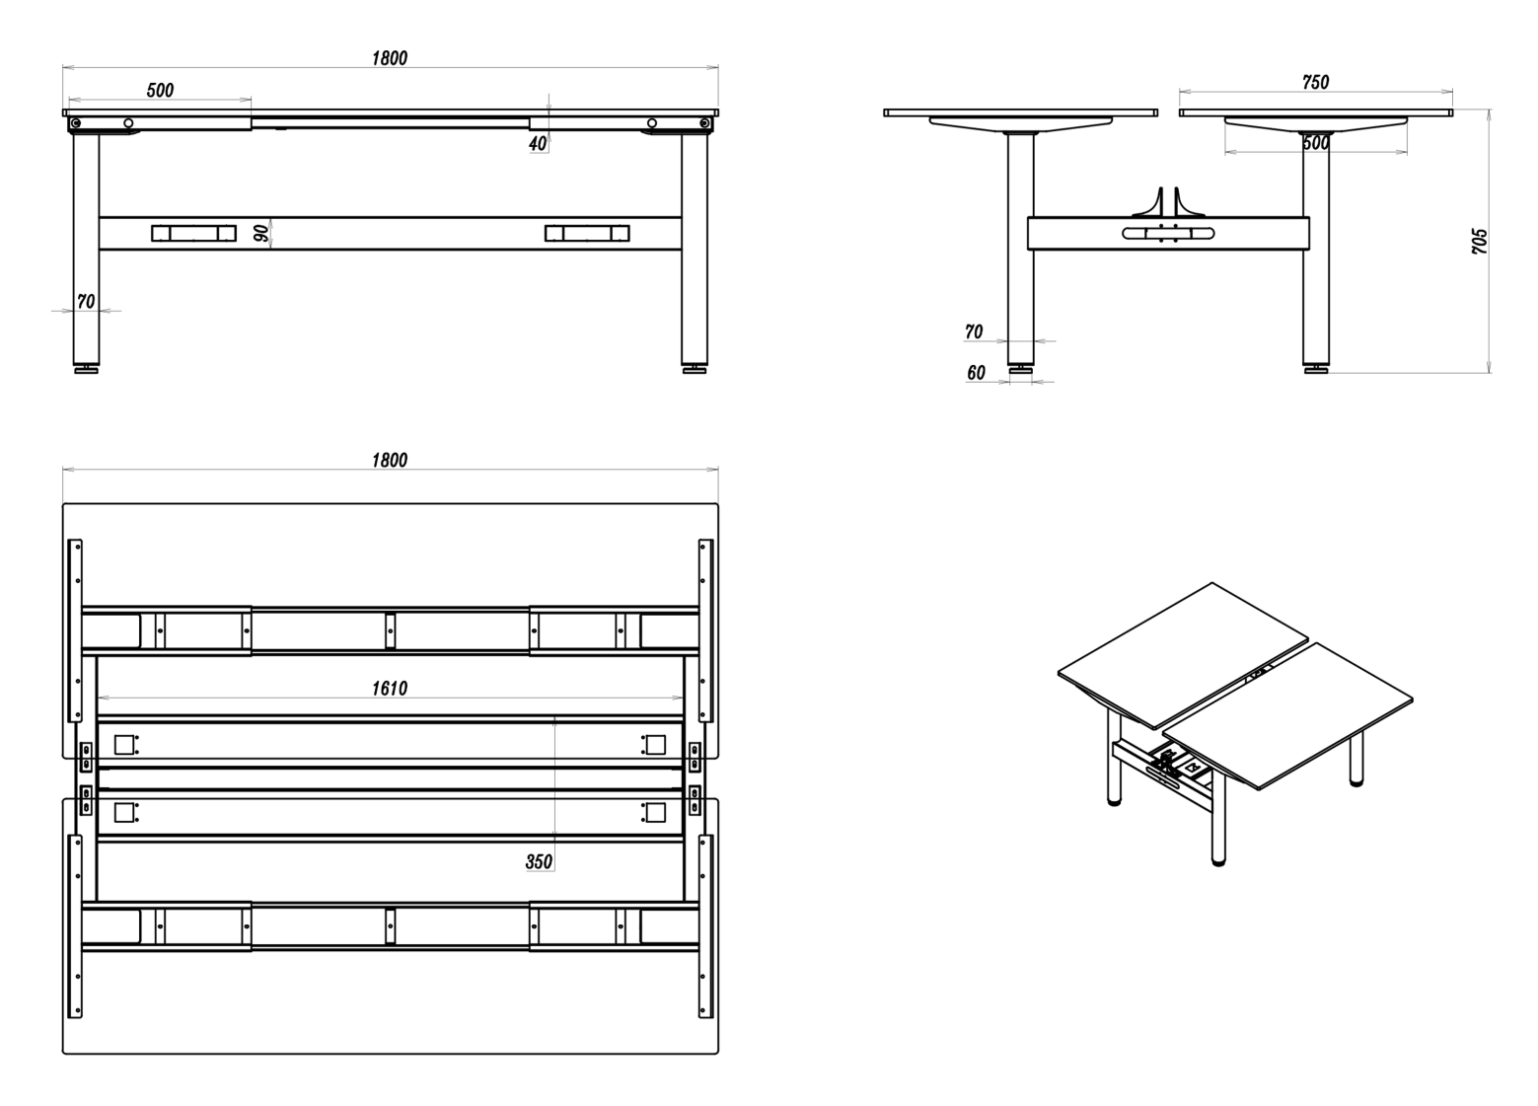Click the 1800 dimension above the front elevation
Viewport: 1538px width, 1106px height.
(x=390, y=58)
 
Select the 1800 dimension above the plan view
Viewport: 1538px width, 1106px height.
(x=390, y=460)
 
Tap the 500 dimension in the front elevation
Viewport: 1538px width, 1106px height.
(x=160, y=90)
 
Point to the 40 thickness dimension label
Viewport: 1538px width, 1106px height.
(x=538, y=143)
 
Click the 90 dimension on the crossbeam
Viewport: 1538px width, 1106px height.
(x=261, y=234)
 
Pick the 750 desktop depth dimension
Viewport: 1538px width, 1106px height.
(x=1316, y=83)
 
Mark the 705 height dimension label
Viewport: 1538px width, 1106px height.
(x=1480, y=242)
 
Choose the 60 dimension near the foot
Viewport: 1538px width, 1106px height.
(x=976, y=372)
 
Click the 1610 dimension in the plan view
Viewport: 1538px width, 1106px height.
(x=390, y=688)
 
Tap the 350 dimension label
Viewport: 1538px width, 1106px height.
(x=539, y=861)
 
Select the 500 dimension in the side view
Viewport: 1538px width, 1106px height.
(x=1316, y=143)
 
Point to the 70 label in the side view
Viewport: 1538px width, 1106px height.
(x=974, y=332)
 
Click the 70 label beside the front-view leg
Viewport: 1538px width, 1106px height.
(x=86, y=301)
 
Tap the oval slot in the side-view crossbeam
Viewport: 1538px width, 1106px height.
(x=1168, y=234)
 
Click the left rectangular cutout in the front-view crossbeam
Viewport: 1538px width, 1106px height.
(x=193, y=234)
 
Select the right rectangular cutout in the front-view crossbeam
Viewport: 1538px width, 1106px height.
(x=587, y=234)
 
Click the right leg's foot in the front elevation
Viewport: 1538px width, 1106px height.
(x=695, y=369)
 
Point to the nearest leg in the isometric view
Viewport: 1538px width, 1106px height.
(x=1218, y=818)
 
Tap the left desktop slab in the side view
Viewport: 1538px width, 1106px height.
(x=1020, y=112)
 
